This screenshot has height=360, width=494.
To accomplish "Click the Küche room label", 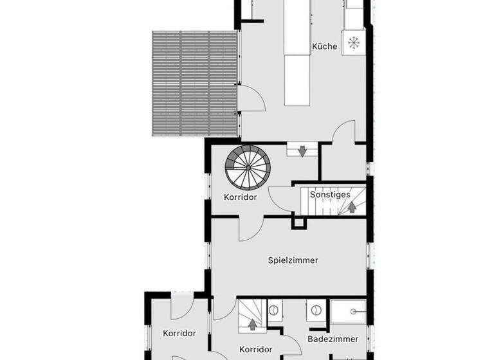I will [x=324, y=46].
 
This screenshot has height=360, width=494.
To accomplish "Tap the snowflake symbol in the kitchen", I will [x=353, y=43].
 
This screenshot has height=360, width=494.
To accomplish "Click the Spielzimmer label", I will [x=293, y=260].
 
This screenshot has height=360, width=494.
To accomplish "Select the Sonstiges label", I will [x=329, y=194].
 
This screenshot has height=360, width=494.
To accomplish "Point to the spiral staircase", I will [x=248, y=165].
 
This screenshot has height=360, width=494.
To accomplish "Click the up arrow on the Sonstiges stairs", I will [x=352, y=207].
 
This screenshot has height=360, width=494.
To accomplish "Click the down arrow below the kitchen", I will [x=302, y=150].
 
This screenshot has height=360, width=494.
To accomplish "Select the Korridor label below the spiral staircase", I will [x=240, y=197].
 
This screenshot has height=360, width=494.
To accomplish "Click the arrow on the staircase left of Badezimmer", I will [x=252, y=324].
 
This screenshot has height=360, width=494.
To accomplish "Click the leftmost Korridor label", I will [x=179, y=333].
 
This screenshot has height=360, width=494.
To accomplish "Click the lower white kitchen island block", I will [x=297, y=80].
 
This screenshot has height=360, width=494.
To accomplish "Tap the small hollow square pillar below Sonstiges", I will [x=298, y=222].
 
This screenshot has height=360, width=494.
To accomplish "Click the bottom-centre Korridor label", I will [x=255, y=350].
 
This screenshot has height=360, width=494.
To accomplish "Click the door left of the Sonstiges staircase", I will [x=281, y=195].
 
